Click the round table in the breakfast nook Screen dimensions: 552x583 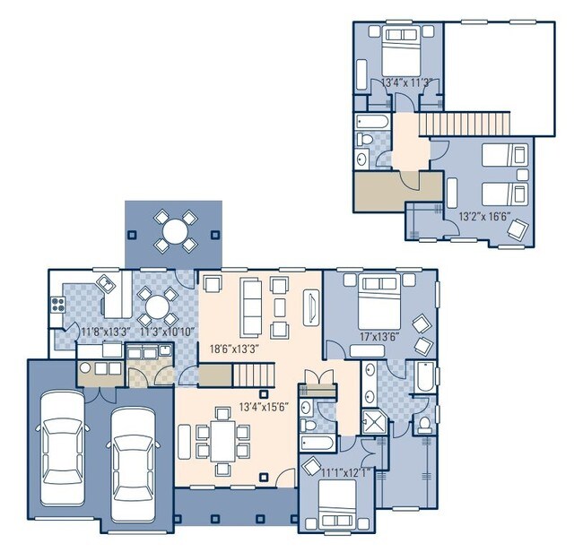tap(157, 305)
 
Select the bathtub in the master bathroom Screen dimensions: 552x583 tap(422, 376)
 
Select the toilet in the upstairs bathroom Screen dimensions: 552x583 tap(364, 139)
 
